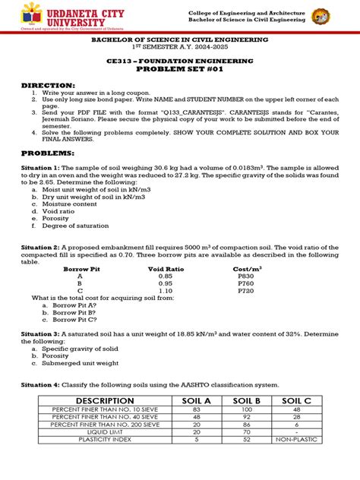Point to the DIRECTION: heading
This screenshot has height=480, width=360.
click(x=48, y=85)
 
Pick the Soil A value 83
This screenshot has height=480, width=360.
click(x=197, y=410)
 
